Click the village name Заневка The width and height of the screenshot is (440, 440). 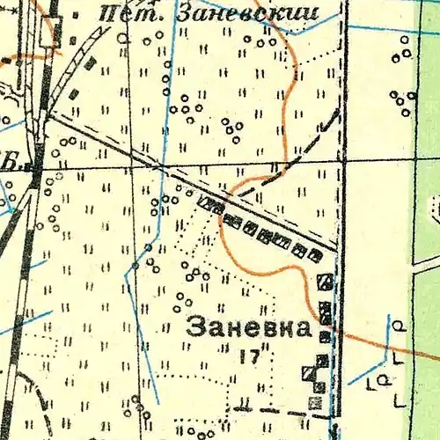pos(249,328)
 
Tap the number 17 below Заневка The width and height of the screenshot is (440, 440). pos(247,356)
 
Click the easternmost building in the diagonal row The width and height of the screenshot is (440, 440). pos(315,255)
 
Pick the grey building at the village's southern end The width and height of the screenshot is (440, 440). pos(315,403)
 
